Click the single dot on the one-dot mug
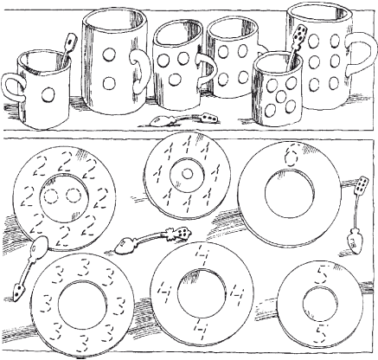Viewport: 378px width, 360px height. (x=48, y=94)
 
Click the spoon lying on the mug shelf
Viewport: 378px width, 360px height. (x=183, y=119)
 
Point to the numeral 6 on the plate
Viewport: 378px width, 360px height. (x=290, y=157)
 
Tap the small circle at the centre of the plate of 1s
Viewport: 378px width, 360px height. (x=188, y=174)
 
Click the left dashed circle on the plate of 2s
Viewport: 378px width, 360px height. (x=51, y=196)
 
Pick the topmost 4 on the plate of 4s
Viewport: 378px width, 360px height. (x=202, y=254)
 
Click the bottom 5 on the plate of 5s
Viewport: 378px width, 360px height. (x=320, y=333)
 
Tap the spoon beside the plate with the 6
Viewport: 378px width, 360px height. (x=356, y=215)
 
